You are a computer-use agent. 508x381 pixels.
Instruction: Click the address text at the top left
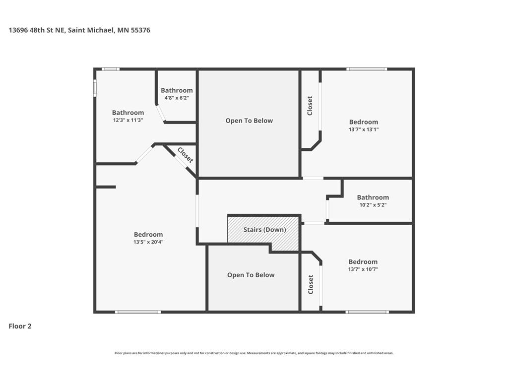click(79, 30)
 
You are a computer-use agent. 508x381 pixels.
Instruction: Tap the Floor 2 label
click(20, 326)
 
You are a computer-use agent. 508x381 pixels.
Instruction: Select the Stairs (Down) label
click(265, 230)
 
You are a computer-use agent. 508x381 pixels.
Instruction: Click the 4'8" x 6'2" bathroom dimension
click(177, 98)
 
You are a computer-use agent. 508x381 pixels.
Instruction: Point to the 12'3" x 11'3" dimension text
click(128, 120)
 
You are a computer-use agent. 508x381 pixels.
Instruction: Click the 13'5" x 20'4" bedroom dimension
click(148, 242)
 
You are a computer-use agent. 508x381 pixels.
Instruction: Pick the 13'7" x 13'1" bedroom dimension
click(364, 129)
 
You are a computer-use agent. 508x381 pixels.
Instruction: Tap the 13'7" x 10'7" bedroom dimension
click(363, 269)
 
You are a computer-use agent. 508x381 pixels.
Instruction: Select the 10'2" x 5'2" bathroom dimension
click(373, 205)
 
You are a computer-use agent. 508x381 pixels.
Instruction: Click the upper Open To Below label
click(249, 121)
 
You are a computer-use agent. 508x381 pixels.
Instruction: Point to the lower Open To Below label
click(251, 275)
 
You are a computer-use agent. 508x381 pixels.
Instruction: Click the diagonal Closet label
click(186, 155)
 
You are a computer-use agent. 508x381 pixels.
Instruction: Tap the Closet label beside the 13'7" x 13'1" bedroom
click(310, 106)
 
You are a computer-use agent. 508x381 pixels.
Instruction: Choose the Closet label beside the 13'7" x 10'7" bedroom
click(311, 284)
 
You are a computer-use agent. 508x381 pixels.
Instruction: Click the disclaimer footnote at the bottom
click(254, 353)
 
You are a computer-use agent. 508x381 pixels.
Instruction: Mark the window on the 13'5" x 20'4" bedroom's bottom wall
click(138, 313)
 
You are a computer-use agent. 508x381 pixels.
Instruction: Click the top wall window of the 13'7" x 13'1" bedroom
click(367, 69)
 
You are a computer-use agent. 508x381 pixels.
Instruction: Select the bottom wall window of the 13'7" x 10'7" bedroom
click(367, 313)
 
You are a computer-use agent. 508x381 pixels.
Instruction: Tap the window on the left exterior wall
click(95, 88)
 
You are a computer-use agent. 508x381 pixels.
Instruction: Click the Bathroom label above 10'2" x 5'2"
click(373, 197)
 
